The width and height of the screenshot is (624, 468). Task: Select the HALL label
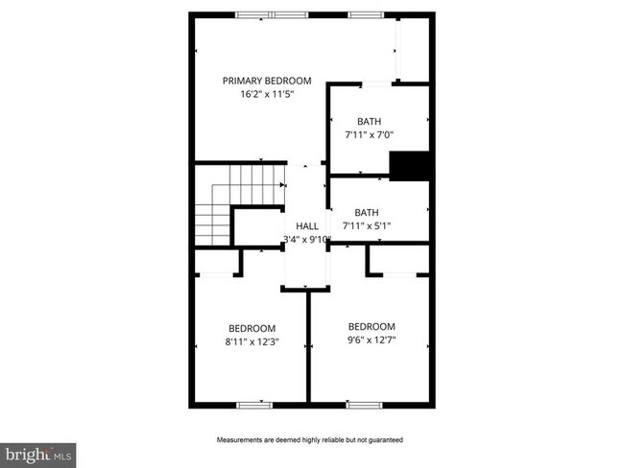coord(307,225)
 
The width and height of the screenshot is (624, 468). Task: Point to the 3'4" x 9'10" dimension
coord(307,239)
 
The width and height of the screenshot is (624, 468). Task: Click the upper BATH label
coord(369,121)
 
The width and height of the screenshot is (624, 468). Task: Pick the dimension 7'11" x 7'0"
coord(370,135)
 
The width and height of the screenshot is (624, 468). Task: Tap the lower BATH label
coord(367,213)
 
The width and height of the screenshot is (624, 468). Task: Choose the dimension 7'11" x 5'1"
coord(368,226)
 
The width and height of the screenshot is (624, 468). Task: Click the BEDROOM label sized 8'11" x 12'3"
coord(252,327)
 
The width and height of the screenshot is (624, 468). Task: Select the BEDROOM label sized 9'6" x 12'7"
coord(372,326)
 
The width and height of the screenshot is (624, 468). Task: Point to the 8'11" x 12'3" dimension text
coord(251,341)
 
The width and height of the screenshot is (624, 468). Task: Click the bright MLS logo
coord(38,453)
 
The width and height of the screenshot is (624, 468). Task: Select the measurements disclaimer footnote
coord(309,440)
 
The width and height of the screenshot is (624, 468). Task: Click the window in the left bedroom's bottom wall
coord(253,404)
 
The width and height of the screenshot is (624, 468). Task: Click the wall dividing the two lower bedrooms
coord(308,345)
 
